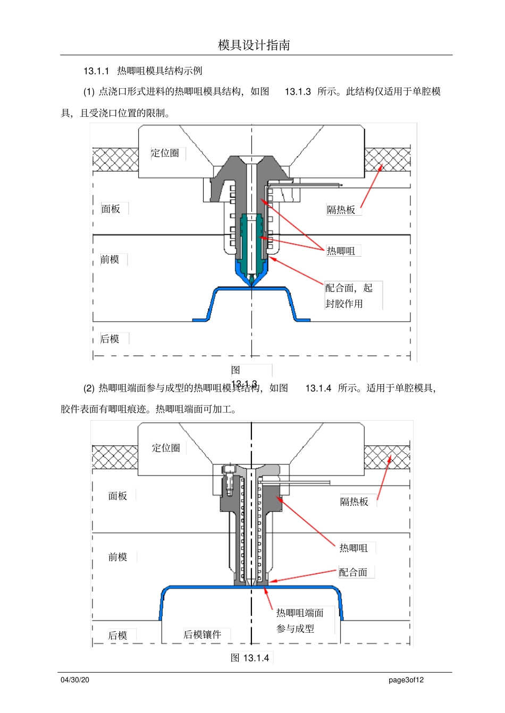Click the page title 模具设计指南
[254, 45]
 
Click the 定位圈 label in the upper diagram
[165, 153]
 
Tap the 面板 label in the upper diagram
[111, 209]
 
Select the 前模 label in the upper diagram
[110, 259]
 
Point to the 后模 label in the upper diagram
[110, 339]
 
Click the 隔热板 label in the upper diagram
[341, 210]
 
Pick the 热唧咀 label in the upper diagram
[341, 251]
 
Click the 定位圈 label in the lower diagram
[166, 448]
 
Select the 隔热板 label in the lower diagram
[354, 502]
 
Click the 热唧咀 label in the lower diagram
[353, 548]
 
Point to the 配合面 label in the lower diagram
[353, 572]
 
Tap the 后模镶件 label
[202, 634]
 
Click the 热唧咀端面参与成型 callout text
[299, 621]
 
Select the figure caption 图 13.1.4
[250, 658]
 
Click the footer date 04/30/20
[75, 680]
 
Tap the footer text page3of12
[406, 680]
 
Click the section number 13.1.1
[96, 71]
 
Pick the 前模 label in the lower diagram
[117, 557]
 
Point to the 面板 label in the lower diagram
[117, 496]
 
